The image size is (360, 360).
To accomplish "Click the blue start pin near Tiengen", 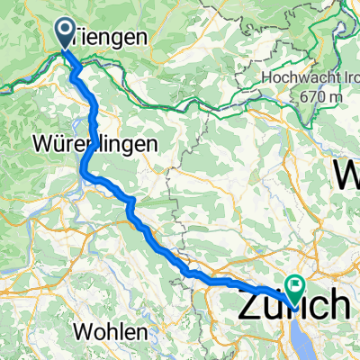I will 67,33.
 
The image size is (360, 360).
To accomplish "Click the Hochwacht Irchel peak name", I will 311,78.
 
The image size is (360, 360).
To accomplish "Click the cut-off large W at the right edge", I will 348,172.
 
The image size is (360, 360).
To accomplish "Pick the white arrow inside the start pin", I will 67,31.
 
